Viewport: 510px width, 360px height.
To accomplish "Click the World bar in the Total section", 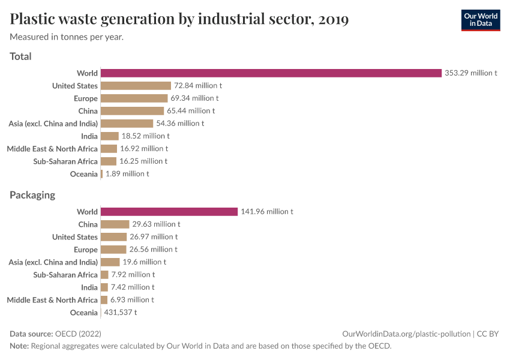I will [x=271, y=73].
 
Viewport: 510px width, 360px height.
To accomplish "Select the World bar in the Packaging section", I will [x=169, y=212].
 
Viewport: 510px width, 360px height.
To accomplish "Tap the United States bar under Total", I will [x=136, y=86].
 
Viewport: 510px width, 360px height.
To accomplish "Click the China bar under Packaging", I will [x=115, y=224].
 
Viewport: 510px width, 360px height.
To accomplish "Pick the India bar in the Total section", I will [x=109, y=136].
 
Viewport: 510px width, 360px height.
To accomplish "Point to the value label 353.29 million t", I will [x=470, y=73].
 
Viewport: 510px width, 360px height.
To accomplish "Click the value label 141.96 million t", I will [x=266, y=212].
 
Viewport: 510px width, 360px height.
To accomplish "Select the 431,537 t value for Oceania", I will [x=120, y=313].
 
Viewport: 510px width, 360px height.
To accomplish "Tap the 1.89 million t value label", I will [x=127, y=174].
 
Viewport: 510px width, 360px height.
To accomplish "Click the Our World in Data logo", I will [x=480, y=20].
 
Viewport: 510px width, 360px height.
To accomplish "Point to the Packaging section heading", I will [x=32, y=195].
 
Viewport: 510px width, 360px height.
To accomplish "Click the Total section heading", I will [x=20, y=56].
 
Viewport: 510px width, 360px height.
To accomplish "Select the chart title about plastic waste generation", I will [x=179, y=20].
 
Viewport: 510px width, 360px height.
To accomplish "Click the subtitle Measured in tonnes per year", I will [x=67, y=37].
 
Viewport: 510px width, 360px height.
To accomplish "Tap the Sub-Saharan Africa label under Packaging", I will [x=65, y=275].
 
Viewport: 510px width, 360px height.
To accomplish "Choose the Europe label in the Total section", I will [x=86, y=98].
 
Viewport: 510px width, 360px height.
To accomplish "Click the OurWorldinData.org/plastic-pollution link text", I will [x=406, y=334].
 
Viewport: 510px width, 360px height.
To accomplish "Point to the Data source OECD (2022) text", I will [x=55, y=334].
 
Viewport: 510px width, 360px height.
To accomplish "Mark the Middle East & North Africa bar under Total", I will [x=109, y=149].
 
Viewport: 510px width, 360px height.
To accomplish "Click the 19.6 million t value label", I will [x=144, y=262].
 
